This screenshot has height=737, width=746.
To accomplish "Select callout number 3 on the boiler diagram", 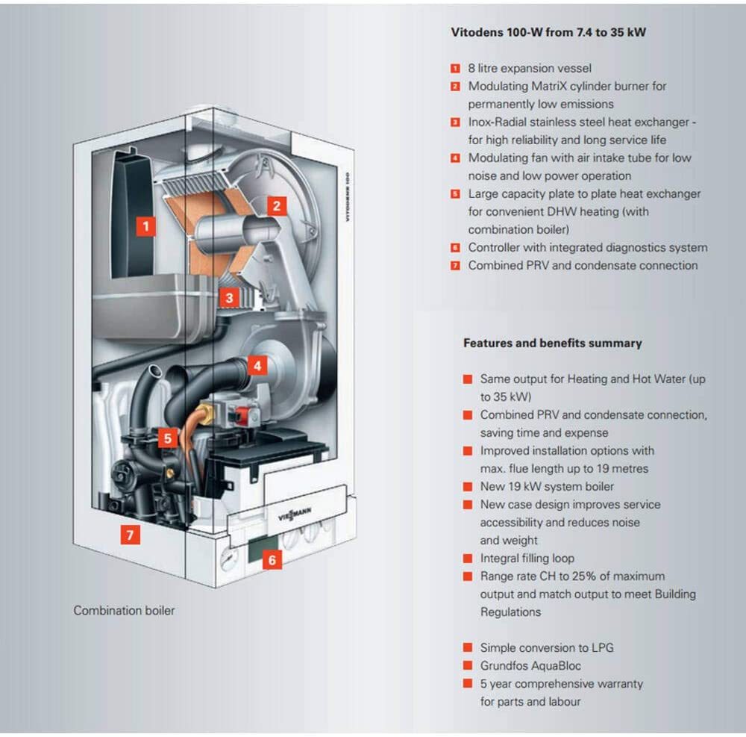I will click(230, 298).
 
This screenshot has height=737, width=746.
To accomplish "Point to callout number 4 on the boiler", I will click(257, 366).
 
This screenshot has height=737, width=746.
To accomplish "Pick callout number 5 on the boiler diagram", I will click(168, 438).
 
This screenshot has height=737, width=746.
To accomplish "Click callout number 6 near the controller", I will click(272, 559).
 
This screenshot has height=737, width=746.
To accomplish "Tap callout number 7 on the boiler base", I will click(130, 535).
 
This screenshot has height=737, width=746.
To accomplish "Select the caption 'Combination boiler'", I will click(124, 610).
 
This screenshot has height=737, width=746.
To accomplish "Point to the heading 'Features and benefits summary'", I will click(552, 343).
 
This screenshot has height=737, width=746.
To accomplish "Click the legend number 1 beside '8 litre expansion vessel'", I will click(455, 69).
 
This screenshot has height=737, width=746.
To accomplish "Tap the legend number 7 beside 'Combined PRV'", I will click(455, 266).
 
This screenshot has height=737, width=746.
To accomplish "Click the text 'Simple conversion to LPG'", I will click(547, 647).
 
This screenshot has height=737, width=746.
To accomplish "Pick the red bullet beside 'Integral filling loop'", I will click(468, 559).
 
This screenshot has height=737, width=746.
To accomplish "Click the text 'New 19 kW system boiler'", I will click(547, 487).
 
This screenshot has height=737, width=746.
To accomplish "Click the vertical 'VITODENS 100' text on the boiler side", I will click(348, 195).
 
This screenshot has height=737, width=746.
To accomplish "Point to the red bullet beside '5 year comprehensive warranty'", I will click(468, 684).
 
